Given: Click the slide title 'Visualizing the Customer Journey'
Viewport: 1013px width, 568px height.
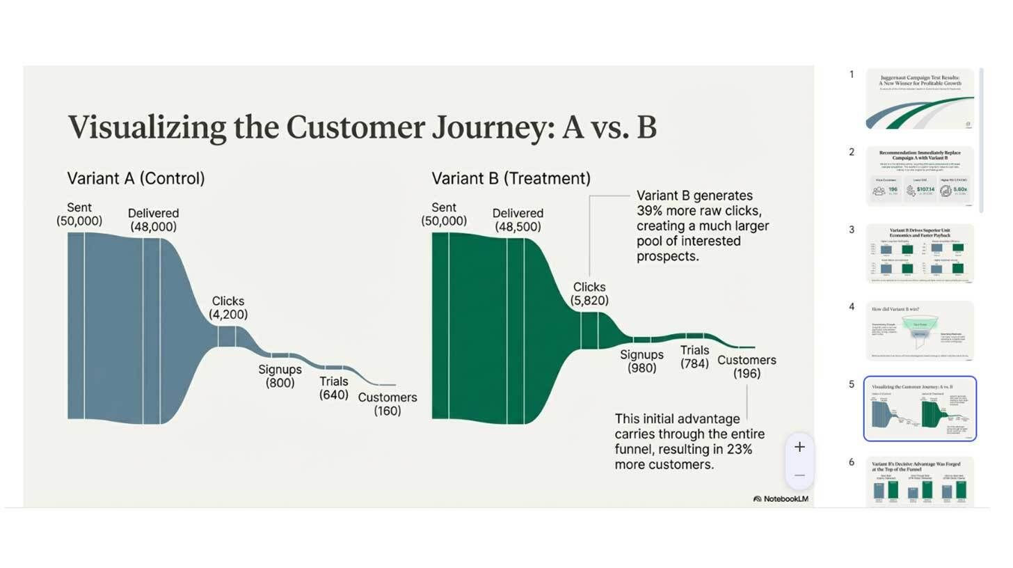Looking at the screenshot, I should pyautogui.click(x=362, y=127).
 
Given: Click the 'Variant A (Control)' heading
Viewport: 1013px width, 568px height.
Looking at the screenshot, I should pyautogui.click(x=136, y=178).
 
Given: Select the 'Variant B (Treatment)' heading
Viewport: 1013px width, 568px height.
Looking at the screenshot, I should pyautogui.click(x=511, y=178).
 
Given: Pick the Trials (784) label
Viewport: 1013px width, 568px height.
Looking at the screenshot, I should pyautogui.click(x=694, y=357).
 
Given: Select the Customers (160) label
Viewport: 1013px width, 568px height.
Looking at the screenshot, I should pyautogui.click(x=388, y=404).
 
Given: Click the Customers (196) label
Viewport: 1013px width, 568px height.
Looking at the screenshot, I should pyautogui.click(x=747, y=367).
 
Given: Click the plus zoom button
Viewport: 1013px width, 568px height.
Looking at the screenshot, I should pyautogui.click(x=799, y=447).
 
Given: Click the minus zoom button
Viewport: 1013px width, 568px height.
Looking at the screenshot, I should pyautogui.click(x=799, y=475).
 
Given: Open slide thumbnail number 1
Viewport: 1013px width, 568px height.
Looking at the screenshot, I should pyautogui.click(x=920, y=98).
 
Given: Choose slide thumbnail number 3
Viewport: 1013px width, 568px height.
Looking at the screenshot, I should pyautogui.click(x=920, y=253).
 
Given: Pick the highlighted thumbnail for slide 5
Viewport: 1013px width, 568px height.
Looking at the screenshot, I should pyautogui.click(x=920, y=409).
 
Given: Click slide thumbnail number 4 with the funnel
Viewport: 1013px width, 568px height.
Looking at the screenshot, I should pyautogui.click(x=920, y=331).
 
